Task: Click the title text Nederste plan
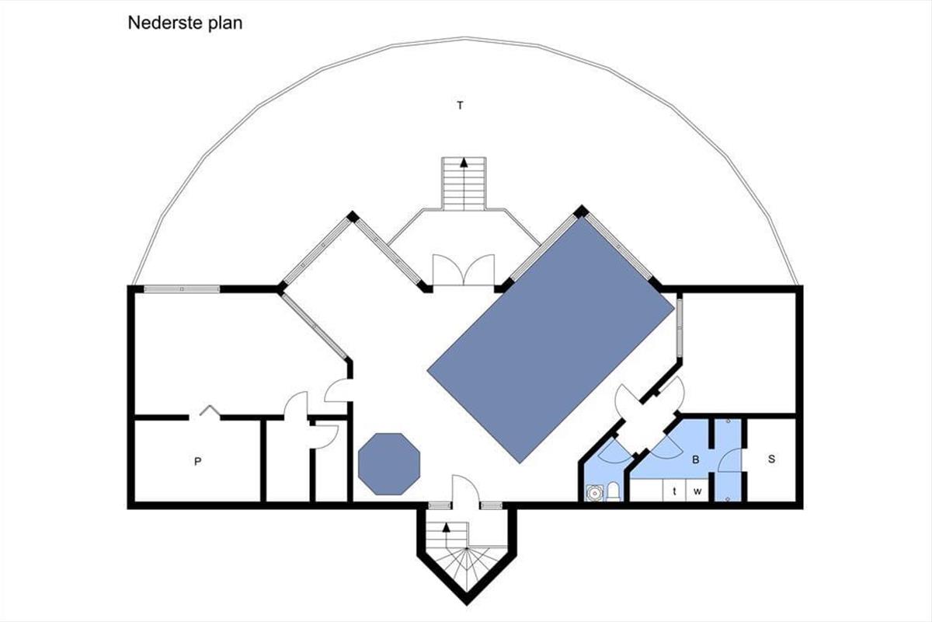(185, 23)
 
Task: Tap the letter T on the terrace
(460, 106)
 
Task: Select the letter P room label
(197, 461)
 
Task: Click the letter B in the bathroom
(695, 460)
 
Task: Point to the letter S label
(771, 459)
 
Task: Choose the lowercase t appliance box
(674, 491)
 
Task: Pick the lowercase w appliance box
(697, 491)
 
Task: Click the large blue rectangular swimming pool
(551, 340)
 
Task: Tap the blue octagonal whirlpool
(389, 464)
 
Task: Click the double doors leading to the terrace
(464, 270)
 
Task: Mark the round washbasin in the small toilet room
(595, 493)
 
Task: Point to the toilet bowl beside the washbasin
(613, 491)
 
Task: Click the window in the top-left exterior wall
(182, 289)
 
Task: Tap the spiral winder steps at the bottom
(467, 568)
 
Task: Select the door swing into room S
(730, 460)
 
